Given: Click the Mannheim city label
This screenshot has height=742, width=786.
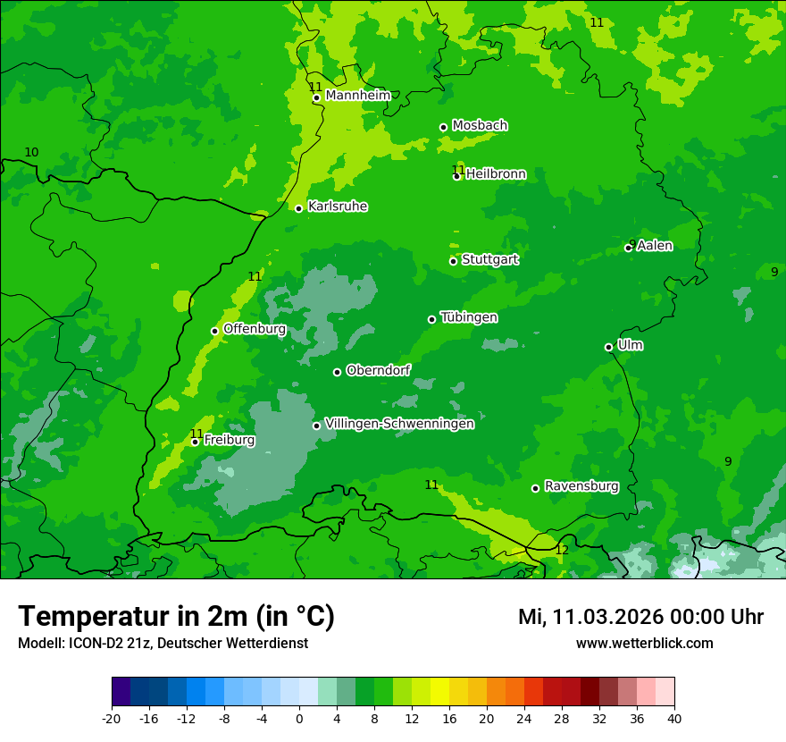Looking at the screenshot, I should coord(357,96).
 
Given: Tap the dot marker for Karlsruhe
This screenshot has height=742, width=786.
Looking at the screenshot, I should coord(299,208).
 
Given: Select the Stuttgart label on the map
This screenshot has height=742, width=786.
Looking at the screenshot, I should coord(489,259).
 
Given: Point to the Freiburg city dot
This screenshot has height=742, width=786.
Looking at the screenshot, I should coord(195,442).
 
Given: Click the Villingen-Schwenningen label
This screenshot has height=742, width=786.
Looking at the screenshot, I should coord(399,424).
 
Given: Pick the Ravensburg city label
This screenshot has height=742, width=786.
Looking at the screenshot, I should coord(581,486).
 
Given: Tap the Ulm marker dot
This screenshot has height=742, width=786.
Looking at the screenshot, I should coord(608,347).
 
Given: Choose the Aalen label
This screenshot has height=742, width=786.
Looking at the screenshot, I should coord(655,246).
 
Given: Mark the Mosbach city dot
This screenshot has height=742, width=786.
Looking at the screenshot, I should coord(443,127).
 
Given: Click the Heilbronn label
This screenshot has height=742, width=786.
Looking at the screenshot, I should coord(496,174).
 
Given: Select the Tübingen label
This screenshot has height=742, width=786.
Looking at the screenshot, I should coord(469,317).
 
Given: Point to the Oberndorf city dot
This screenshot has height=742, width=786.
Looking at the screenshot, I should coord(337,372).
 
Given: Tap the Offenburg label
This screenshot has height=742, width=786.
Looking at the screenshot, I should coord(255,329).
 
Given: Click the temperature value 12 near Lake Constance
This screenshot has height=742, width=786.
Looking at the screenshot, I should coord(561,550).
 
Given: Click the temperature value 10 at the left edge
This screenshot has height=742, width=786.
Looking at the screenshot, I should coord(31,153).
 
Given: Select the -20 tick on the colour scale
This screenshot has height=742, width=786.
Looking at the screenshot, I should coord(112,718).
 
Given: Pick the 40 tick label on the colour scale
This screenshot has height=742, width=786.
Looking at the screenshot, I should coord(674,718).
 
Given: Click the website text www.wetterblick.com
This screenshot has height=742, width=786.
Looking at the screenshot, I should coord(644,643).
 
